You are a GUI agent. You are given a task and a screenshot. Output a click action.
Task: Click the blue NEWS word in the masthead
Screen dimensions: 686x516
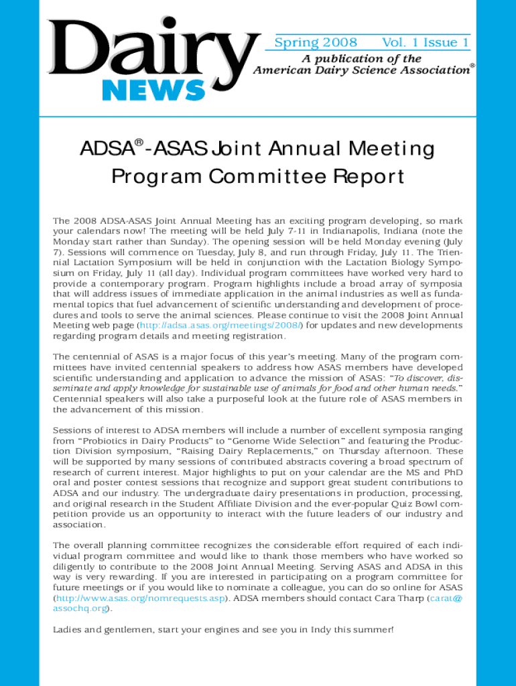[x=153, y=90]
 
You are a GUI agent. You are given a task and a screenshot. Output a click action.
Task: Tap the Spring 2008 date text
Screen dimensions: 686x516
[x=312, y=43]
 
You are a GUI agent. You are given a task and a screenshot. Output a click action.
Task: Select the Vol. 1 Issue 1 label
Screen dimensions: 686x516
[x=425, y=43]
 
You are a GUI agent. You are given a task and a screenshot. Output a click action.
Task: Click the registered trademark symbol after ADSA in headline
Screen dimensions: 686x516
[x=139, y=143]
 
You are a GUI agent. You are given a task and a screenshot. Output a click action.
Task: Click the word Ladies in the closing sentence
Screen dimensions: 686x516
[x=70, y=630]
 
